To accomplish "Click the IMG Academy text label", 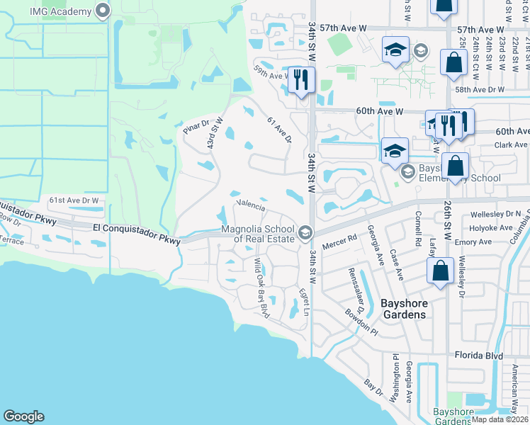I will [x=62, y=11].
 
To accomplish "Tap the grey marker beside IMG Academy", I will [x=103, y=11].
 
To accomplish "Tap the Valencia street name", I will [x=250, y=207].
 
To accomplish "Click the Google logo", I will [x=23, y=416].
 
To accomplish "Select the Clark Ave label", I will [x=509, y=145].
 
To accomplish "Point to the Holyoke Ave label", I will [x=490, y=228].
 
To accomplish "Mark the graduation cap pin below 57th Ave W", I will [x=395, y=50].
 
